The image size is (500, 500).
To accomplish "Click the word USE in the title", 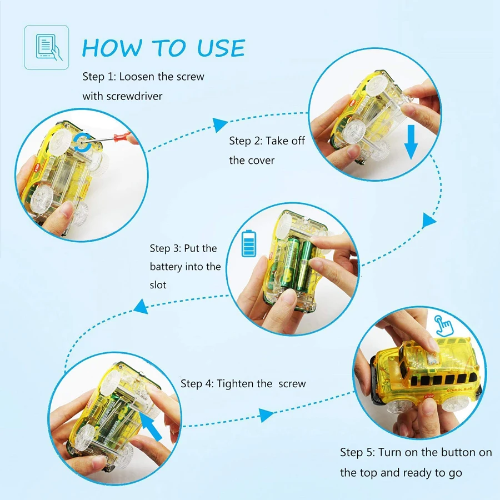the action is (x=221, y=48).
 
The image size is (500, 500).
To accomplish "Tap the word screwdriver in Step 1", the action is (x=134, y=96).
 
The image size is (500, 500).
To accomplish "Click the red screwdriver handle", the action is (x=122, y=137).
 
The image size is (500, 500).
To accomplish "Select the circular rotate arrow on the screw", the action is (x=82, y=143).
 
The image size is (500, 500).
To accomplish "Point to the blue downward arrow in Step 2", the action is (x=411, y=142).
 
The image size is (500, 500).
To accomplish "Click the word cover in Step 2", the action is (x=261, y=161).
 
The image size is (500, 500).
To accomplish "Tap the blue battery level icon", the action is (x=249, y=243).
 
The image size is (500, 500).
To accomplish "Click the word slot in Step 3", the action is (x=158, y=285).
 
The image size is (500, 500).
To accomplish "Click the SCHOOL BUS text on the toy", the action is (x=459, y=389).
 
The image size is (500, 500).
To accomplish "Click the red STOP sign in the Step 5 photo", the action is (x=429, y=396).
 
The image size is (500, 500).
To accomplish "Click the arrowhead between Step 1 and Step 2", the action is (x=219, y=124).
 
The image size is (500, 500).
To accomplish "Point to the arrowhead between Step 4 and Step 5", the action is (x=266, y=415).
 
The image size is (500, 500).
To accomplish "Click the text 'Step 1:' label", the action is (x=99, y=77).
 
